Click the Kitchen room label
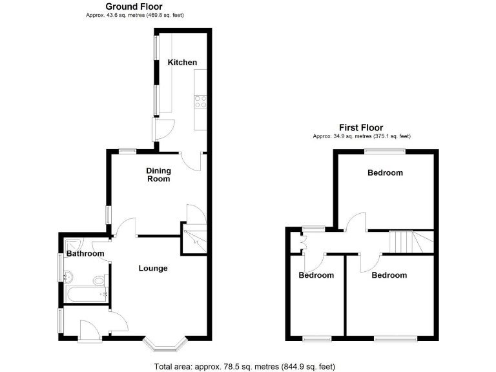[x=182, y=63]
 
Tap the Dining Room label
[x=158, y=174]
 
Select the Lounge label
[x=153, y=268]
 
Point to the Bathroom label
[x=85, y=254]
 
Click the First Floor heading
[x=361, y=128]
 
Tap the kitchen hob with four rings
[x=200, y=101]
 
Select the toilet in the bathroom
[x=99, y=280]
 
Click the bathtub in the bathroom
[x=85, y=295]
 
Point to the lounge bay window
[x=166, y=344]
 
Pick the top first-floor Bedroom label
[x=385, y=172]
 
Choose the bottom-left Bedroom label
[x=316, y=275]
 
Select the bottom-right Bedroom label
[x=389, y=275]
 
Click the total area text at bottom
[x=245, y=367]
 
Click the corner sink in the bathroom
[x=72, y=244]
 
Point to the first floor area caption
[x=361, y=136]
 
